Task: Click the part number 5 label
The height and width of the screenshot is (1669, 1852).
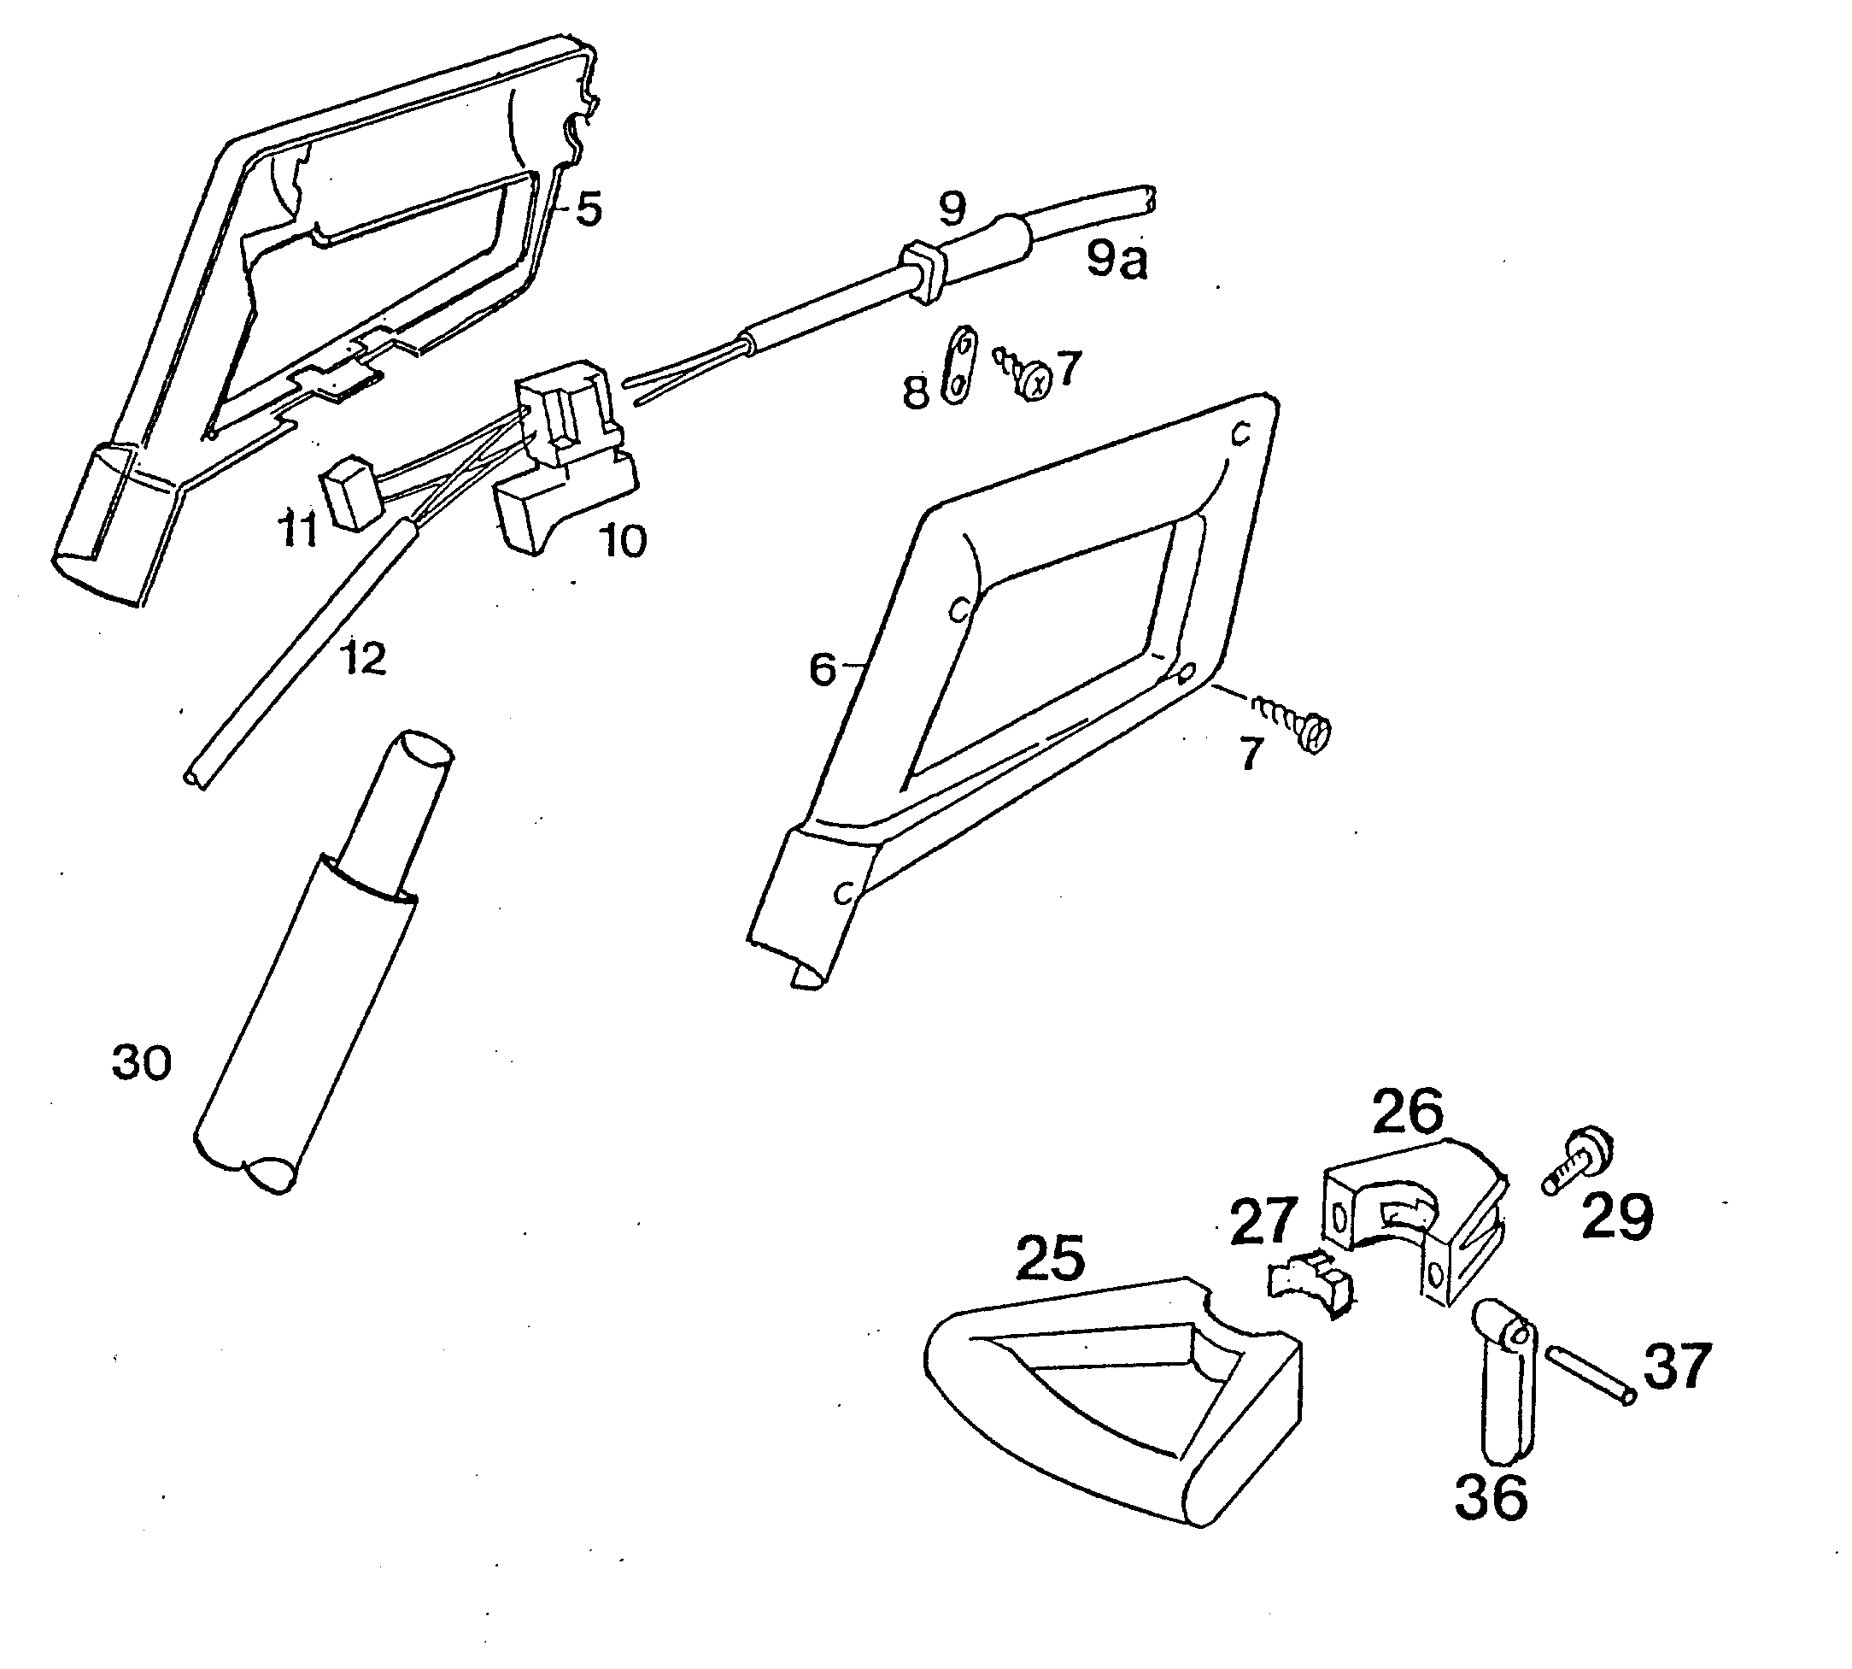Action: coord(589,210)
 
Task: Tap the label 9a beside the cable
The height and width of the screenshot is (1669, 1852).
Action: coord(1116,261)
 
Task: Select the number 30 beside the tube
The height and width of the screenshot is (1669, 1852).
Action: coord(142,1064)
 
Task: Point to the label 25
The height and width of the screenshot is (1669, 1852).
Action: coord(1050,1258)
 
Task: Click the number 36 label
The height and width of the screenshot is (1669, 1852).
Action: coord(1491,1497)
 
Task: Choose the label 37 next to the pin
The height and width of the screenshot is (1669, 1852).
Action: coord(1676,1366)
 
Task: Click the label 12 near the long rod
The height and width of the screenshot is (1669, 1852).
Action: coord(364,658)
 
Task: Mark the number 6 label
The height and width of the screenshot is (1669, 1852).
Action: coord(823,669)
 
